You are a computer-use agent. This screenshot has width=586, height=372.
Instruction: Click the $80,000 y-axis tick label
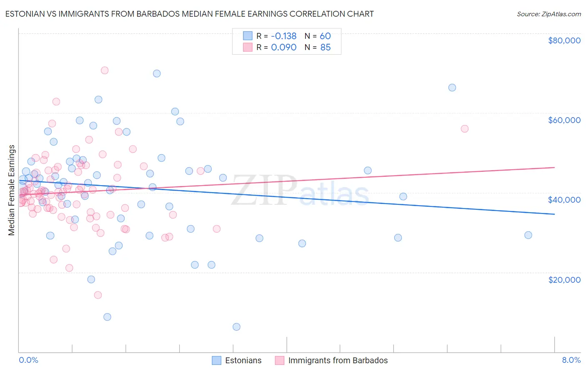(x=564, y=40)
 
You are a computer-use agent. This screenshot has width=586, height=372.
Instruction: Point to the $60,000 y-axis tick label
(x=564, y=120)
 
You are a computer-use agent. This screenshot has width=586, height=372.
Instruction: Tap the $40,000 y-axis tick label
(x=564, y=200)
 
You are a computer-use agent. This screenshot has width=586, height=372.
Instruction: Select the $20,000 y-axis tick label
(x=564, y=279)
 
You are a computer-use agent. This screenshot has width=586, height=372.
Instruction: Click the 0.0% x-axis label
(x=28, y=360)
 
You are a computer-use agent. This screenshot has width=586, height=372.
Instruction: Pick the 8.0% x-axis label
(x=571, y=360)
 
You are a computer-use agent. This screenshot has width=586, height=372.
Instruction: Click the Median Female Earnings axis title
(x=12, y=190)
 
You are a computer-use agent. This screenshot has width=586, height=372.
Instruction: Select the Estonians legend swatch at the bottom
(x=216, y=360)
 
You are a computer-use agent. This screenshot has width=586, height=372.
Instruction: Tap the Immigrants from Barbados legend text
(x=338, y=360)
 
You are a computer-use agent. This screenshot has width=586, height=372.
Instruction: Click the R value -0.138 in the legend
(x=283, y=36)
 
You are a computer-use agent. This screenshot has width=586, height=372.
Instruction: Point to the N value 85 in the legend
(x=325, y=48)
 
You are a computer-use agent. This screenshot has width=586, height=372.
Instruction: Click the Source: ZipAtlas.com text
(x=548, y=14)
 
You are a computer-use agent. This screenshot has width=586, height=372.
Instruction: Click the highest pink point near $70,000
(x=105, y=70)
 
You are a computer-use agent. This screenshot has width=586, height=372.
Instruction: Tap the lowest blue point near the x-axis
(x=236, y=327)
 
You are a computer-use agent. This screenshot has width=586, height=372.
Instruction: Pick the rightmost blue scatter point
(x=528, y=235)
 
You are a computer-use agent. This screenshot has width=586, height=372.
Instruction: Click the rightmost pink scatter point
(x=465, y=129)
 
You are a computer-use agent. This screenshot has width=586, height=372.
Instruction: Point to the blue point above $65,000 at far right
(x=452, y=88)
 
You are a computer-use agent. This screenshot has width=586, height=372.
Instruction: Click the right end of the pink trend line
(x=554, y=167)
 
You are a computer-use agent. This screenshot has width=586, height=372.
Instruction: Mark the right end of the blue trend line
(x=554, y=214)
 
